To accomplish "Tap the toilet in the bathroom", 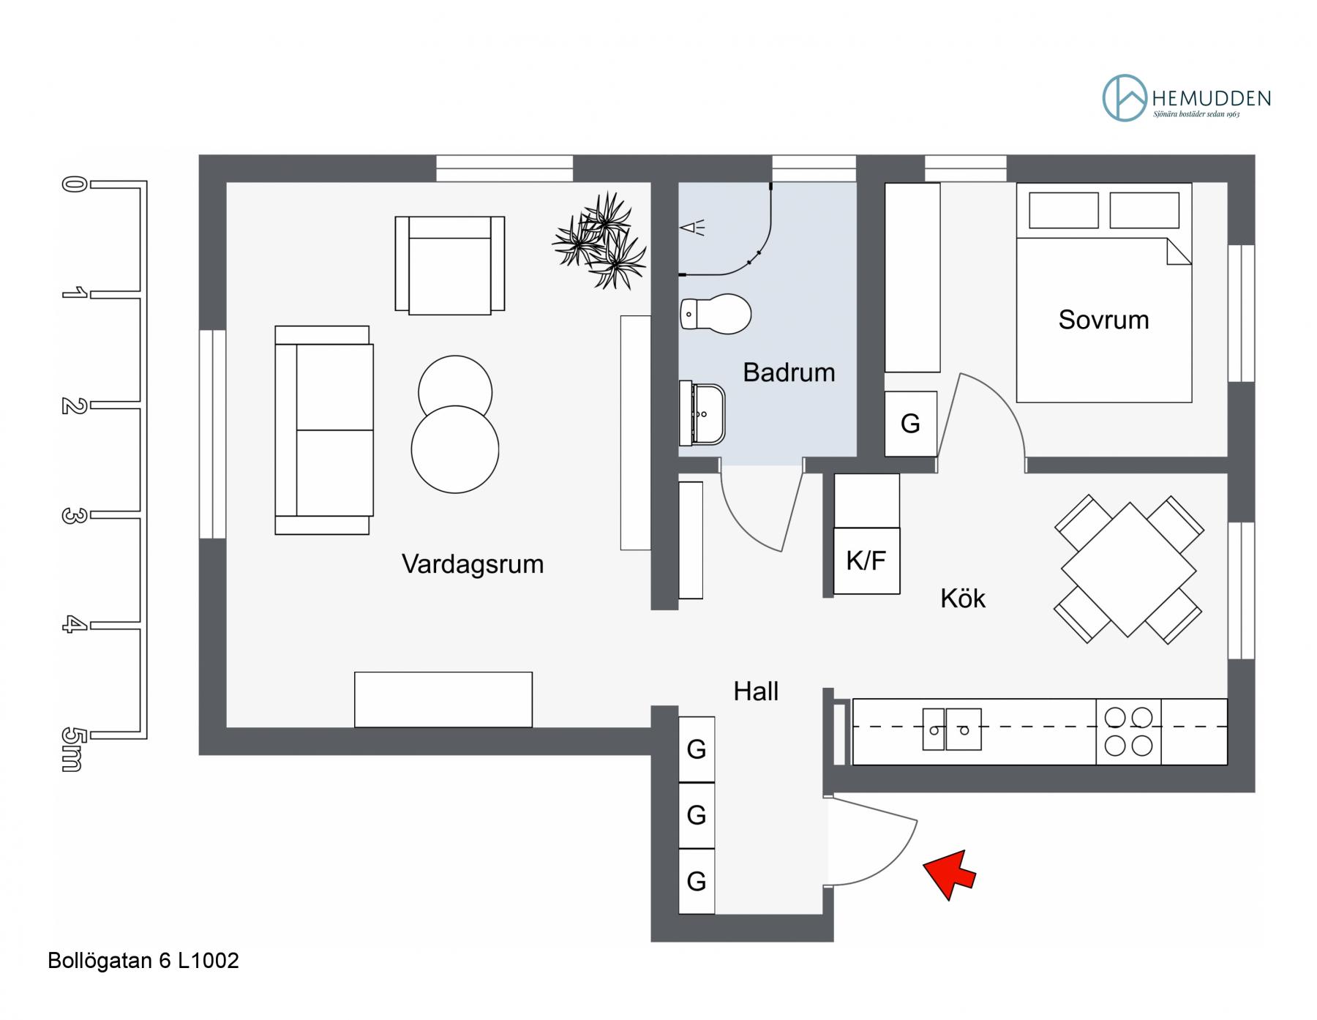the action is coord(716,314).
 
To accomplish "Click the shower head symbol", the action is coord(692,228).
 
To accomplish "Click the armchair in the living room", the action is coord(450,266).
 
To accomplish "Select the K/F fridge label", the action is coord(866,560).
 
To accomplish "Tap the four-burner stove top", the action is coord(1128,732).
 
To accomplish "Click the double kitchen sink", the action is coord(951,730).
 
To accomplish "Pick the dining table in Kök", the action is coord(1129,569).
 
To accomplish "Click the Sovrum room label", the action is coord(1103,320).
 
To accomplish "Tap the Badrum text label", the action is coord(789,372).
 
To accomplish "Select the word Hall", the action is coord(756,691).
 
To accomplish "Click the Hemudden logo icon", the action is coord(1125,97).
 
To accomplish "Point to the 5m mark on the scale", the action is coord(70,749).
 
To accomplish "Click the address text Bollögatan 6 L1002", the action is coord(143,961).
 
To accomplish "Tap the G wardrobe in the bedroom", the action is coord(911,424).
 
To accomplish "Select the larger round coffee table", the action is coord(455,449).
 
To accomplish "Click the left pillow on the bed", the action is coord(1064,210).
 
